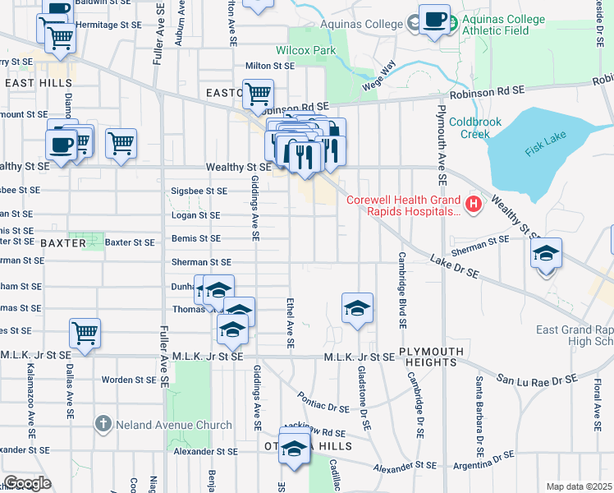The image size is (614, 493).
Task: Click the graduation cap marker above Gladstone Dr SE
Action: tap(357, 308)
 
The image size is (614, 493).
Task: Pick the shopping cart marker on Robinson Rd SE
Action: tap(258, 94)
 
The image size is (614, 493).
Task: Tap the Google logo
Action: tap(26, 483)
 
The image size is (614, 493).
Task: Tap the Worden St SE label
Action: tap(128, 380)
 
